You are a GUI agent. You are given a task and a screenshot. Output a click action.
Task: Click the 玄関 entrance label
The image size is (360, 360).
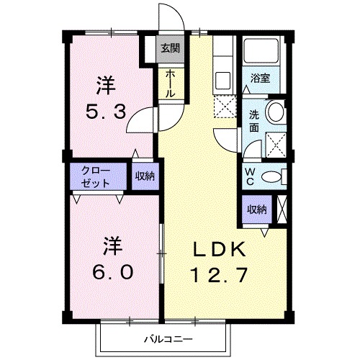click(x=170, y=49)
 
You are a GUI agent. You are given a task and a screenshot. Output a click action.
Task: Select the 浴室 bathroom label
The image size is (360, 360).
click(x=260, y=78)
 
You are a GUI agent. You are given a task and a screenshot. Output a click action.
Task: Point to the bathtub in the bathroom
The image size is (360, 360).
click(x=262, y=51)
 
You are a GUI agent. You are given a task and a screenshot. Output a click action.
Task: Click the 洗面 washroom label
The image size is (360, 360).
click(x=254, y=120)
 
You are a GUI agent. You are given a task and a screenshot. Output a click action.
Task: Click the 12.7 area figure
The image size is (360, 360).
click(x=219, y=274)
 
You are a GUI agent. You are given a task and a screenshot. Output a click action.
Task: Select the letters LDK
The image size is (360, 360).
click(x=220, y=249)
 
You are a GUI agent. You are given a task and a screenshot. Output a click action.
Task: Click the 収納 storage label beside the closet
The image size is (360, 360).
click(x=143, y=176)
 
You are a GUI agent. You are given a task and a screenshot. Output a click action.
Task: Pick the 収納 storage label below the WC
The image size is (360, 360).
click(x=257, y=210)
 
